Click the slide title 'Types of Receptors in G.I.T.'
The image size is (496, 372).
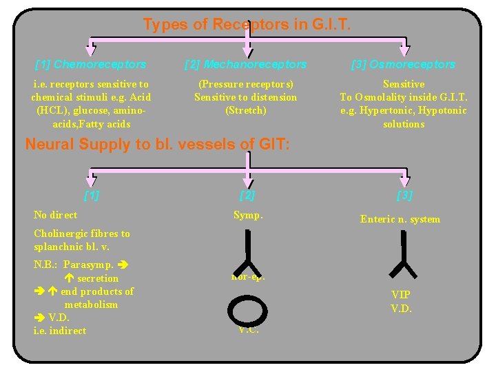[x=247, y=25]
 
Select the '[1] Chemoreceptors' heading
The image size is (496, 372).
[x=90, y=64]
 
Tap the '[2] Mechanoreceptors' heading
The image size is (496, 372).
[x=246, y=64]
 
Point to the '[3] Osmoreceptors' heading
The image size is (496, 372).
[x=403, y=64]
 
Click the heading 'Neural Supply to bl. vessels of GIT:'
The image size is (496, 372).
[x=157, y=145]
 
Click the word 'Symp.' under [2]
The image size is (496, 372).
[x=248, y=215]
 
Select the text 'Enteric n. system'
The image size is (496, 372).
[x=400, y=219]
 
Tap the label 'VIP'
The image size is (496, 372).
[x=400, y=295]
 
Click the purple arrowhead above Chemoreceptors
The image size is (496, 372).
[x=90, y=50]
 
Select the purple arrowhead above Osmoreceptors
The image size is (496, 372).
[x=404, y=50]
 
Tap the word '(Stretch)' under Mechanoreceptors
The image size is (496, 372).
[x=246, y=110]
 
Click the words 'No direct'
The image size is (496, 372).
[x=55, y=215]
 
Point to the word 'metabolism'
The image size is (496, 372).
[x=91, y=304]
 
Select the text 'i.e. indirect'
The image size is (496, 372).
[x=60, y=331]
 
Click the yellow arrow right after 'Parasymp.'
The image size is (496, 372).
[x=123, y=265]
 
